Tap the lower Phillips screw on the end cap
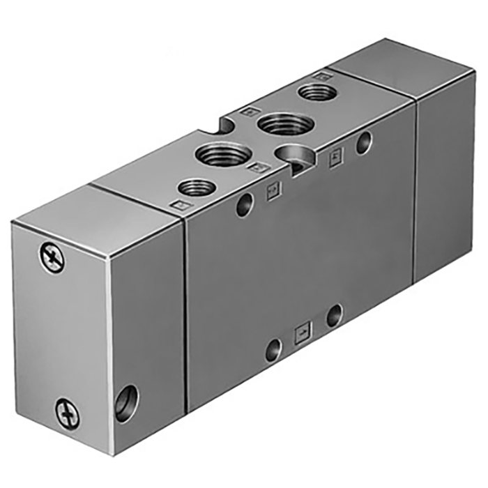click(68, 412)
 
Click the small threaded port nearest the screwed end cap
click(196, 187)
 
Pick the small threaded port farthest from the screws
click(315, 92)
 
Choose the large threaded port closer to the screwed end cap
click(222, 151)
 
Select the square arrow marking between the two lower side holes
click(303, 331)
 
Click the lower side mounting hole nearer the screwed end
click(273, 348)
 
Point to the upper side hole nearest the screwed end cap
click(243, 204)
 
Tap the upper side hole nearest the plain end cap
click(363, 144)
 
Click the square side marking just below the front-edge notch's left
click(273, 190)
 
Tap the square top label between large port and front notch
click(258, 168)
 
